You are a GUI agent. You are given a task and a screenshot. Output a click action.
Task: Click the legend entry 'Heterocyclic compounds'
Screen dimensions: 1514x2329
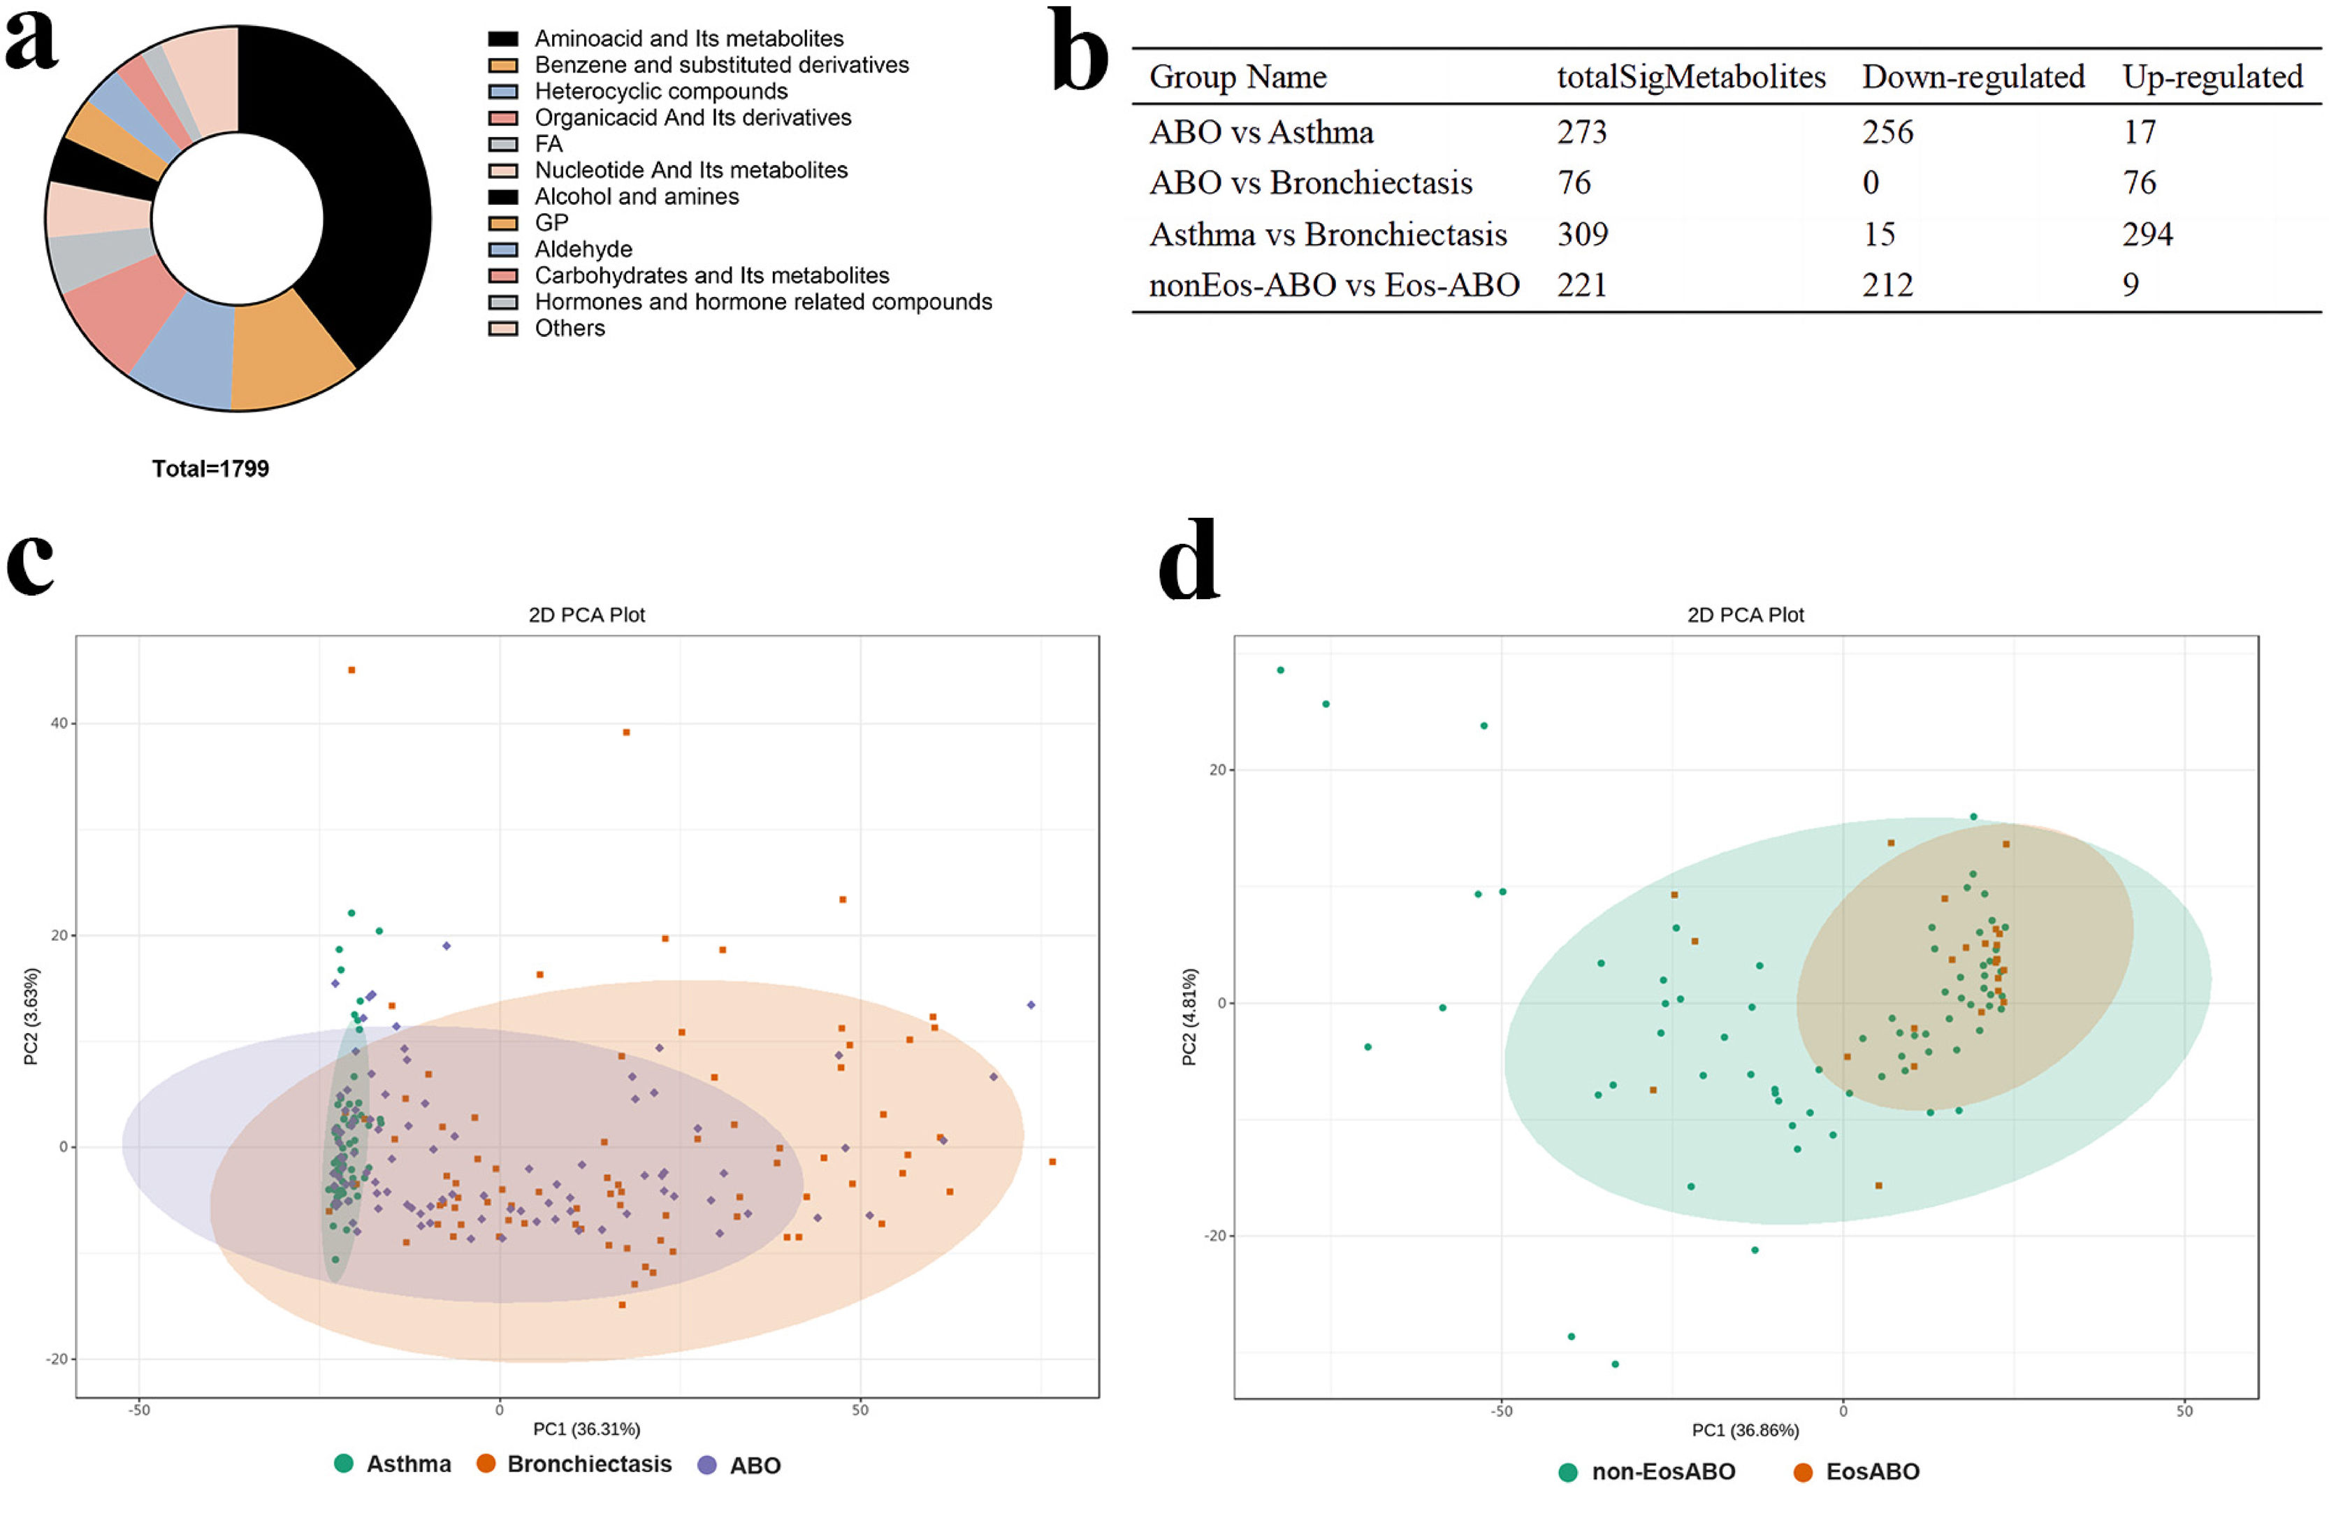click(660, 91)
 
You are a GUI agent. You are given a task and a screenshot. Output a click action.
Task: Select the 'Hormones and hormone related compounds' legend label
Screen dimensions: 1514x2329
click(762, 301)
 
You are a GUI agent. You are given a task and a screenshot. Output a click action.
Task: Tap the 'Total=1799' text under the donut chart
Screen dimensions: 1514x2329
click(210, 469)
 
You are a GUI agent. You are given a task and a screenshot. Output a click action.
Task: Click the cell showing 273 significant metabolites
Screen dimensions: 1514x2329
click(1581, 132)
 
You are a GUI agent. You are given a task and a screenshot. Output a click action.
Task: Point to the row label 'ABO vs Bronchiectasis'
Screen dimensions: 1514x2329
click(1310, 183)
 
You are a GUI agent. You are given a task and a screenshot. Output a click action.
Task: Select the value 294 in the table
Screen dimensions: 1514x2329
click(2147, 234)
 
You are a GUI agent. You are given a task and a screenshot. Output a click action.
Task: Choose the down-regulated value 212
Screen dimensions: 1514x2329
click(1887, 284)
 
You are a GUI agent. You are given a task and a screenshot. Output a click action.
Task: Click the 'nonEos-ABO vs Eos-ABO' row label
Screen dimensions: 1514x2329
click(1334, 284)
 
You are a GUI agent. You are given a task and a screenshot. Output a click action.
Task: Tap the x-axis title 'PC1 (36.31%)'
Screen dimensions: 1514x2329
click(586, 1429)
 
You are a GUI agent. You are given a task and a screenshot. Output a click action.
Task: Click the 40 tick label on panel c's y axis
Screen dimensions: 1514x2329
click(59, 723)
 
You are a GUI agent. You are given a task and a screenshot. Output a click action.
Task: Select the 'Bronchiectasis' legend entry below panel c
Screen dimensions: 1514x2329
click(589, 1464)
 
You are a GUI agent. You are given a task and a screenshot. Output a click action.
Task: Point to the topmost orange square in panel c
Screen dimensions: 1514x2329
click(351, 670)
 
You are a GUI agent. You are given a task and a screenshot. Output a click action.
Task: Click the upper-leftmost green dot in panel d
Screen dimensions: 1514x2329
click(1280, 670)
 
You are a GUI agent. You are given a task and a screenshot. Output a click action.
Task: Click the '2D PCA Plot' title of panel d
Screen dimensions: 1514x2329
click(1745, 614)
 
